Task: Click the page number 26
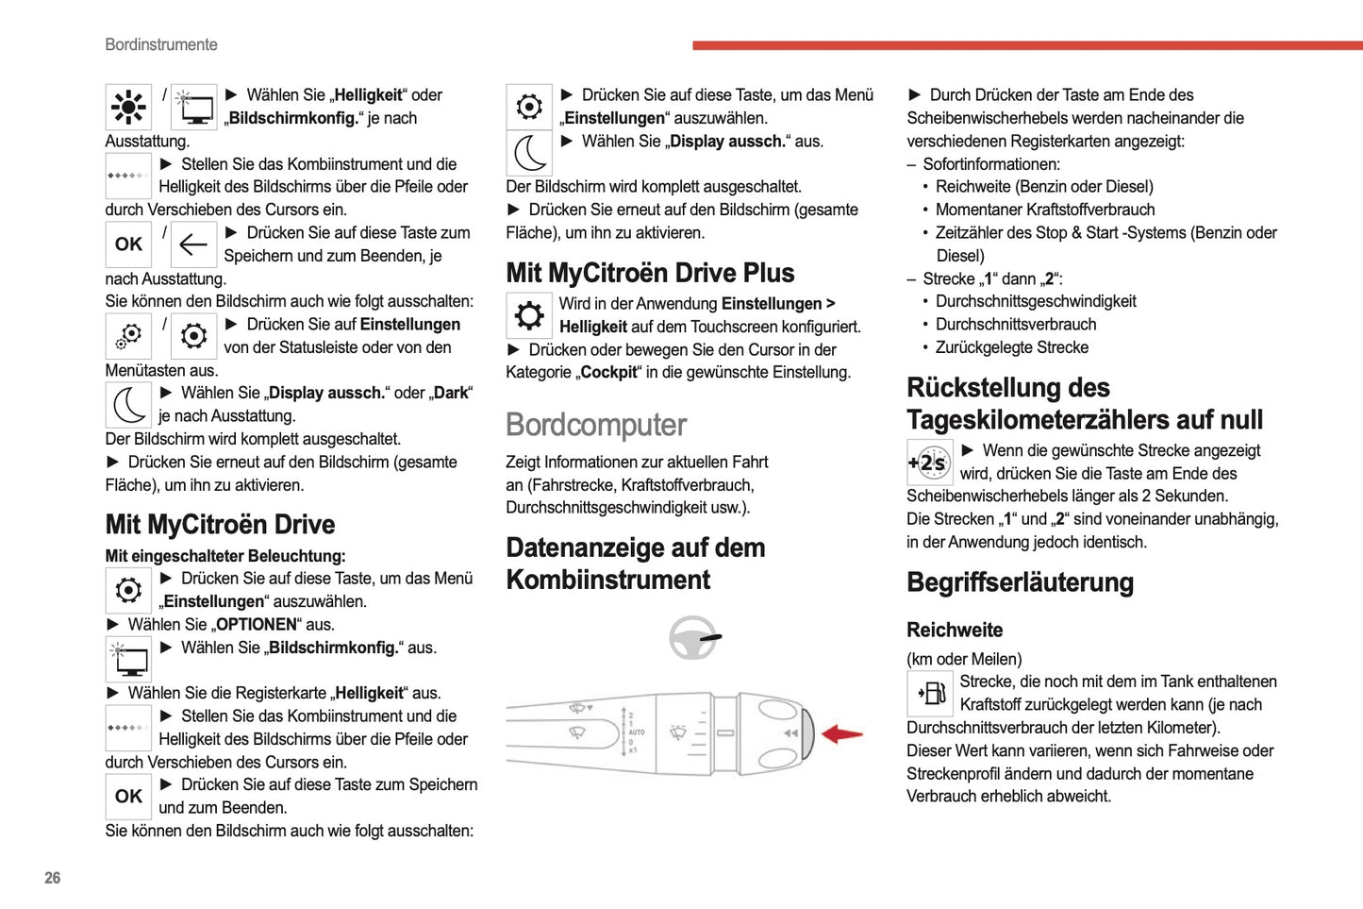(52, 878)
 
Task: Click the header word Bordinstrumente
(161, 44)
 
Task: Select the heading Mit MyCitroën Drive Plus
(650, 273)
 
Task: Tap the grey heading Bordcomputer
(596, 425)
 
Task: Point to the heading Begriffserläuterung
(1020, 582)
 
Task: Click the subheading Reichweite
(955, 630)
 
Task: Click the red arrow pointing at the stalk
(842, 734)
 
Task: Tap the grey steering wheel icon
(694, 638)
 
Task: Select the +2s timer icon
(929, 463)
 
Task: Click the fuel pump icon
(930, 694)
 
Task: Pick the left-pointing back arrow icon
(193, 244)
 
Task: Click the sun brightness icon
(128, 107)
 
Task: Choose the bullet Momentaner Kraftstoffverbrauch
(1044, 210)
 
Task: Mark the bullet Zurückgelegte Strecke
(1011, 347)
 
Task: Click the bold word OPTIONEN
(257, 625)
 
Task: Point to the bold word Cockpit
(608, 373)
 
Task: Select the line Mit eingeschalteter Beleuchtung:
(225, 556)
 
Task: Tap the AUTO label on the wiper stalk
(637, 732)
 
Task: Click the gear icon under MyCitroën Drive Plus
(529, 315)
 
